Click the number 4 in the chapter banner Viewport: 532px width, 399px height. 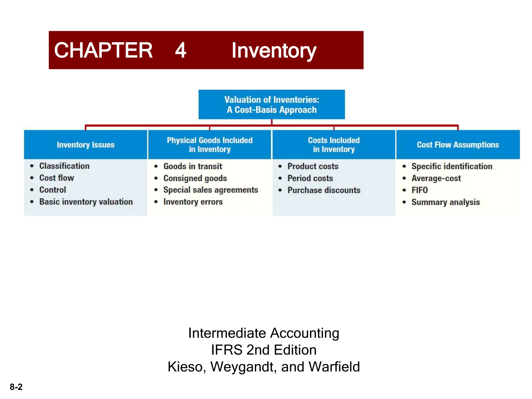coord(181,50)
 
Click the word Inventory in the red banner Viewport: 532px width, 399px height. coord(274,51)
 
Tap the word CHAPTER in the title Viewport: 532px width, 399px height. coord(103,50)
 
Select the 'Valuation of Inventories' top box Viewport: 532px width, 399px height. coord(271,105)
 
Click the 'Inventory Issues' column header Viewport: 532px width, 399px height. coord(85,145)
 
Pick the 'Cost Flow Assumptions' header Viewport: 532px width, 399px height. coord(458,145)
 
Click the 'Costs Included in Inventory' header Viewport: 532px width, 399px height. coord(334,145)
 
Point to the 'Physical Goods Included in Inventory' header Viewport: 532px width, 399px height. coord(210,145)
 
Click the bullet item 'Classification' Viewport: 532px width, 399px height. coord(64,166)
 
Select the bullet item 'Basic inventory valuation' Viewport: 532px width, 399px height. coord(86,202)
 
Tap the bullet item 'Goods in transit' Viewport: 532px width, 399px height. coord(192,166)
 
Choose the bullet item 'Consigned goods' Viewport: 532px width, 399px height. coord(195,178)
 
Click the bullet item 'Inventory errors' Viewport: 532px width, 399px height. coord(193,202)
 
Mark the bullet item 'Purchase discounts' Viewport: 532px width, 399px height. coord(324,190)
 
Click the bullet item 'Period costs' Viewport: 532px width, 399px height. coord(310,178)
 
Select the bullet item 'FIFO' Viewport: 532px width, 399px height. coord(419,190)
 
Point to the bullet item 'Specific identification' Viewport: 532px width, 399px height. coord(452,166)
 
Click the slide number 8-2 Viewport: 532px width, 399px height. coord(16,387)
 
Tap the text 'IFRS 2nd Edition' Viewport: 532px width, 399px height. coord(263,350)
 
